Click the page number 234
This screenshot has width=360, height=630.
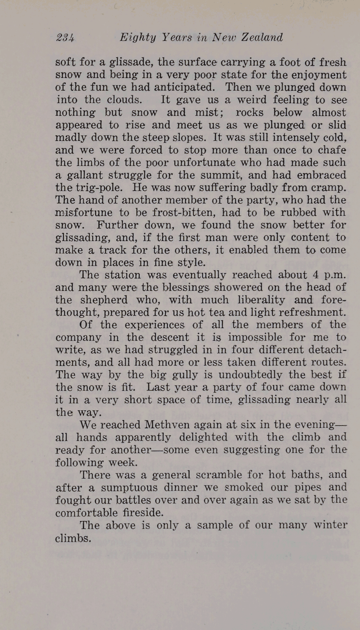pyautogui.click(x=65, y=38)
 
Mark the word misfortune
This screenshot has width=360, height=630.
pyautogui.click(x=84, y=212)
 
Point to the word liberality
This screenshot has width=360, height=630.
pyautogui.click(x=261, y=300)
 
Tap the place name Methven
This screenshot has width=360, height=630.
pyautogui.click(x=165, y=425)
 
